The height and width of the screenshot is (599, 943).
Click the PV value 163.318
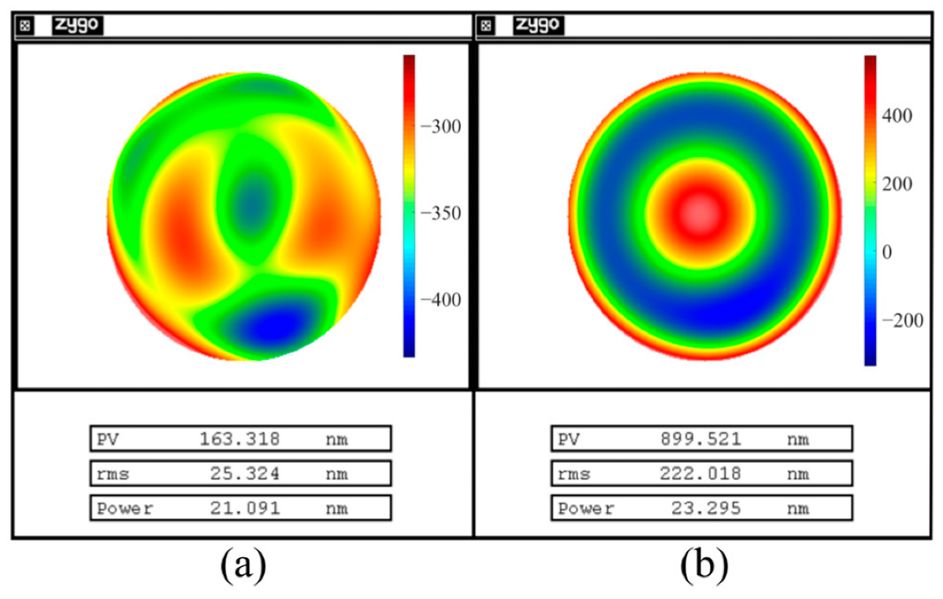tap(239, 439)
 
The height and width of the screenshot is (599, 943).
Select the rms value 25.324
tap(244, 474)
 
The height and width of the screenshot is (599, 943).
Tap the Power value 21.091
tap(244, 508)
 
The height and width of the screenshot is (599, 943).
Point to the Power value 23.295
tap(706, 508)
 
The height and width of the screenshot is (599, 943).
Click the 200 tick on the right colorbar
tap(899, 183)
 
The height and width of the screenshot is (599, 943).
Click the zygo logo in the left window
tap(77, 25)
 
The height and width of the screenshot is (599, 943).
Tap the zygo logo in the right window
tap(538, 25)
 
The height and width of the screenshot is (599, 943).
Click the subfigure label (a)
tap(243, 566)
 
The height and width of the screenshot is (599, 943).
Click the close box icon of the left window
tap(26, 26)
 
